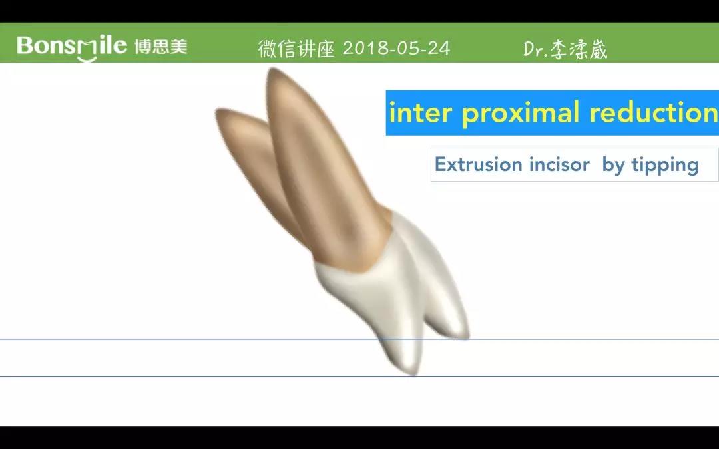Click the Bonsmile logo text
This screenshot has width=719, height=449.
tap(71, 47)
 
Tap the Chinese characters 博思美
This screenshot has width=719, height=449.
tap(161, 47)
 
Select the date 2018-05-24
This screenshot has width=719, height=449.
tap(396, 48)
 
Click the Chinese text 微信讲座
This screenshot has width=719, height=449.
tap(296, 49)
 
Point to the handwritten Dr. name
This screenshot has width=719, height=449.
tap(565, 49)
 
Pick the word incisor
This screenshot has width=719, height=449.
tap(559, 164)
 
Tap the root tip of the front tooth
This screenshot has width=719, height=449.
tap(274, 70)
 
